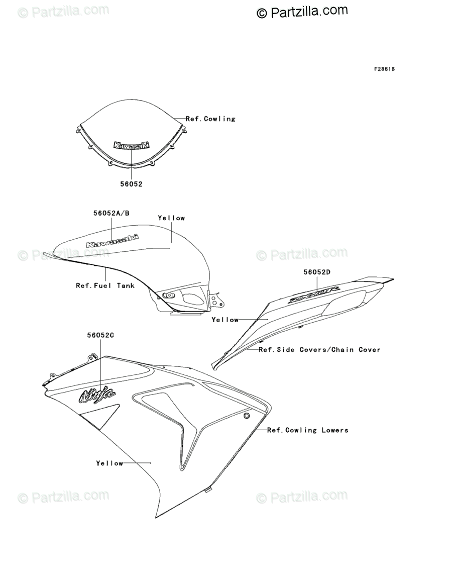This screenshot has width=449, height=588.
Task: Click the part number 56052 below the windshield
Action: (x=131, y=184)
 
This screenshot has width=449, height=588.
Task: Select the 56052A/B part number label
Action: (x=111, y=213)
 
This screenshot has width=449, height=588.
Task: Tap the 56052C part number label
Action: (x=100, y=335)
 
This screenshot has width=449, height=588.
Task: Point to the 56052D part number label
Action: (x=316, y=272)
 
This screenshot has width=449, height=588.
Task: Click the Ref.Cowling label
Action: (x=210, y=119)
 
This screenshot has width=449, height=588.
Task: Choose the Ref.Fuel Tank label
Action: (x=105, y=285)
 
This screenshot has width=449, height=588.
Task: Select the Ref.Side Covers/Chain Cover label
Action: (x=319, y=350)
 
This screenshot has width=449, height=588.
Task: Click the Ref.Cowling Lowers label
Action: (x=307, y=430)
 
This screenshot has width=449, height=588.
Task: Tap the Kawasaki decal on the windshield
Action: (x=132, y=145)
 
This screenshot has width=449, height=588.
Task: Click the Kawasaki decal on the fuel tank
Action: (x=113, y=241)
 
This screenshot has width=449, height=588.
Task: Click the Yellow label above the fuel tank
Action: (x=171, y=218)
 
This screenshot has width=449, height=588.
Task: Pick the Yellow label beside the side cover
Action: (x=225, y=320)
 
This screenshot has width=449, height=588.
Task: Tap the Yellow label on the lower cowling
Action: (x=109, y=463)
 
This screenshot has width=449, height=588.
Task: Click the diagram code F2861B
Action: (x=384, y=69)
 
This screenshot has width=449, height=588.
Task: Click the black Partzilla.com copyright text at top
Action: (x=302, y=11)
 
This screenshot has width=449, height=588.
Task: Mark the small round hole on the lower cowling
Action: (x=247, y=416)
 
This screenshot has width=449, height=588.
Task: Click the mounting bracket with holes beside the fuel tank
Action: (x=217, y=300)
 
